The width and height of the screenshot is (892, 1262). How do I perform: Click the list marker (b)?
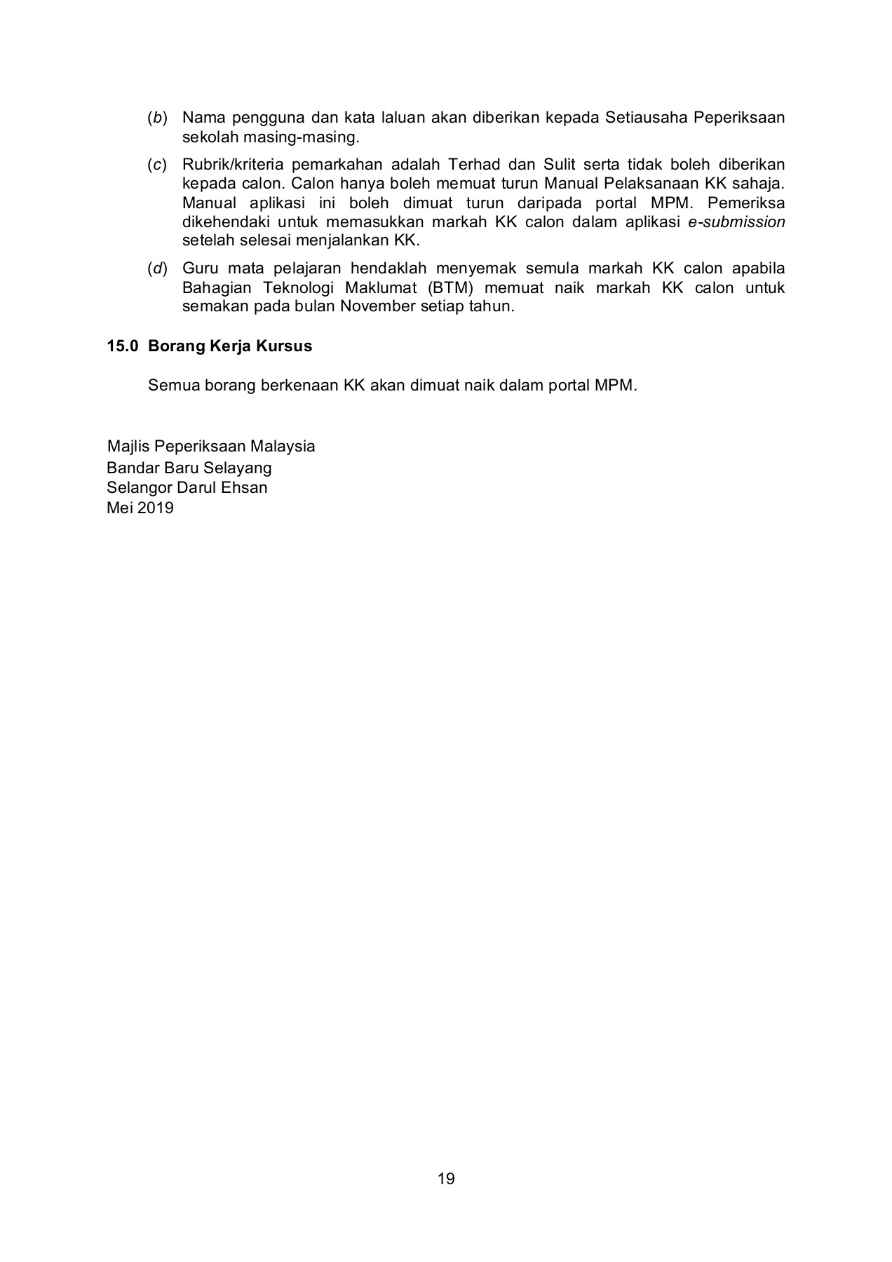157,118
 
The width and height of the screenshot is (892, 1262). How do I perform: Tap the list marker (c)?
157,165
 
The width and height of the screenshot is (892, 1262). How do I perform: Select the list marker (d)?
157,269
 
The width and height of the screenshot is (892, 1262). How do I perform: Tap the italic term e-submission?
736,222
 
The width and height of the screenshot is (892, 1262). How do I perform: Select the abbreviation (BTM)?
445,288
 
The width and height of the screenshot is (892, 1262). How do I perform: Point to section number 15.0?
121,346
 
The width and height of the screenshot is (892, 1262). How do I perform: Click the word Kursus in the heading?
283,346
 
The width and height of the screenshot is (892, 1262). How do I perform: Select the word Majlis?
128,447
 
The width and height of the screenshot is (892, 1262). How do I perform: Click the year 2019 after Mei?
155,508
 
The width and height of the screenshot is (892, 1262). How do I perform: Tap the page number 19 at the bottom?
446,1179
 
